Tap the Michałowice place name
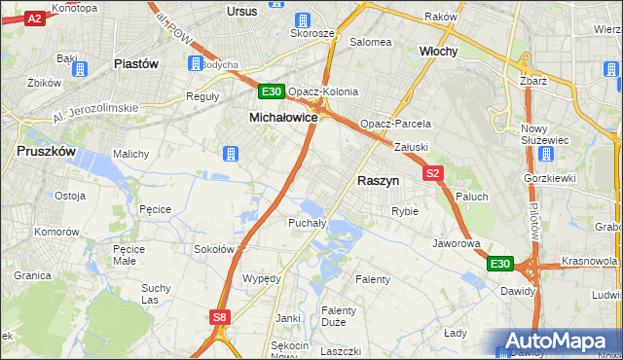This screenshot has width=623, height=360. [x=283, y=116]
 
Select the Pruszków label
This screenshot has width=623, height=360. [x=47, y=151]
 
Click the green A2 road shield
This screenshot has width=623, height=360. [x=33, y=18]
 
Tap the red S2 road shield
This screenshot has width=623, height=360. [x=434, y=172]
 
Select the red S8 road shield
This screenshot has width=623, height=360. [x=220, y=316]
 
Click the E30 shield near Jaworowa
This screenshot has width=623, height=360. [x=500, y=264]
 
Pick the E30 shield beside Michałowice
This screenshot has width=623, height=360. [x=272, y=92]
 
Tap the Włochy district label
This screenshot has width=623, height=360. [x=438, y=51]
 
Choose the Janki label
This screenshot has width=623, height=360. [x=287, y=317]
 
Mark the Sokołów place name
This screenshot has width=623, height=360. [x=214, y=249]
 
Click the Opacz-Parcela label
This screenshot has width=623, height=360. [x=395, y=125]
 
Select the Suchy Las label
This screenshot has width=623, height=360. [x=156, y=294]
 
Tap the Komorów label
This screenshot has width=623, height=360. [x=56, y=232]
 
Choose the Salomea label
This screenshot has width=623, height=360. [x=370, y=42]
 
